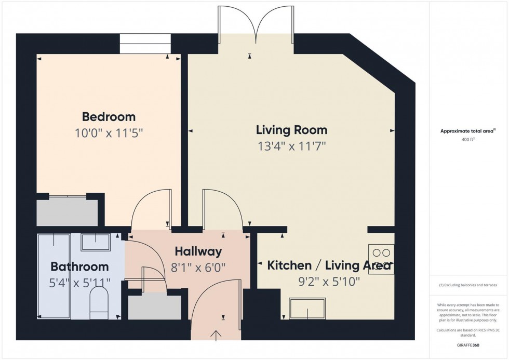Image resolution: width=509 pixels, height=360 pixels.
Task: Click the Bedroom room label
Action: pos(109,116)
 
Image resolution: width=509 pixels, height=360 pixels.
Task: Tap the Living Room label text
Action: pos(291,130)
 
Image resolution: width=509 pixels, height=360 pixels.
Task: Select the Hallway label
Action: pos(198,251)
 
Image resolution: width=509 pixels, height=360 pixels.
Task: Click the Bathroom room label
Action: pos(79,266)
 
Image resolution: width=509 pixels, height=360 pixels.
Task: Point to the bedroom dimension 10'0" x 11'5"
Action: pos(109,133)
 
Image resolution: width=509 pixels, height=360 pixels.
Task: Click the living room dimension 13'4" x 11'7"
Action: pos(291,146)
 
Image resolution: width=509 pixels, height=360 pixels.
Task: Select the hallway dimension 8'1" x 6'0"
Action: pos(198,268)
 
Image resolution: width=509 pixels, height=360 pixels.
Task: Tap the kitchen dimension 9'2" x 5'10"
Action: pos(329,282)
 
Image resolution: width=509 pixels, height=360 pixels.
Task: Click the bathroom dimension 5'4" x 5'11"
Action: pos(79,283)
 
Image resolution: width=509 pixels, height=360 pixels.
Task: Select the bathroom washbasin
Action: pos(96,242)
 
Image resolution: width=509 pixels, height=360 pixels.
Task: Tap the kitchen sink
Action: pos(307,308)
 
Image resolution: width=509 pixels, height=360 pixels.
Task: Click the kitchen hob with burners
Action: pos(381,259)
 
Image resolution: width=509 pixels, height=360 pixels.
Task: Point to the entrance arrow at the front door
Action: pos(216,336)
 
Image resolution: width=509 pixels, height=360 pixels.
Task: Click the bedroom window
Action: pos(145,44)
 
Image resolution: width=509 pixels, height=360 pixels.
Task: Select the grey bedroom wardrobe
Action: pos(67,212)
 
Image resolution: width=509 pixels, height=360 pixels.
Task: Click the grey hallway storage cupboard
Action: pos(155,307)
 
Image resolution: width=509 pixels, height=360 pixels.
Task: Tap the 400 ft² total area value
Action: pos(468,140)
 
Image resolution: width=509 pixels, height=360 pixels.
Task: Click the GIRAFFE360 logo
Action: pos(468,345)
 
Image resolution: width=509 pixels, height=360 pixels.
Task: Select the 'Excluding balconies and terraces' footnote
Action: pos(468,285)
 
